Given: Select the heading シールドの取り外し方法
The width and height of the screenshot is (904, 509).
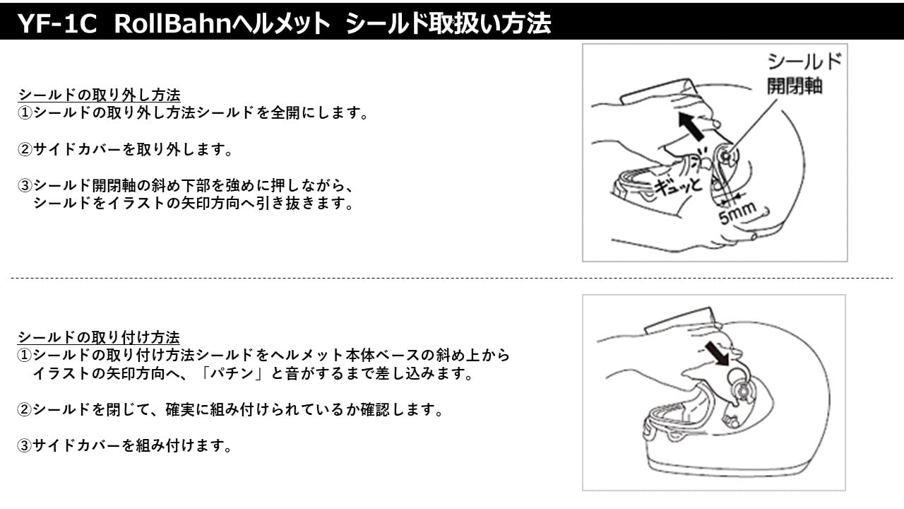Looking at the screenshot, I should click(x=99, y=95).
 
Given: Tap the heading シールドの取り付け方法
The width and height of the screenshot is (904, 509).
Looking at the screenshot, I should click(x=99, y=337).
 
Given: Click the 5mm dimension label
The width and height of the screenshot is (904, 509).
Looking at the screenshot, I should click(x=737, y=212).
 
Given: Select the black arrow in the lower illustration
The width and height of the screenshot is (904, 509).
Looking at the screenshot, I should click(x=716, y=351).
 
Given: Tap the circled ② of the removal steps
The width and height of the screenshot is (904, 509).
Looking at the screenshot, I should click(x=25, y=150).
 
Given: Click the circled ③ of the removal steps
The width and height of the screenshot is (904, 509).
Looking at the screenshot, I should click(x=25, y=186).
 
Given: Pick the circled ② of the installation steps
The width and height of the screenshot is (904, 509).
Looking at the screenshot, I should click(x=25, y=410).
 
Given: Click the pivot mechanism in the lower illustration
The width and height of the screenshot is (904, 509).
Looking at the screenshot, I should click(x=743, y=388).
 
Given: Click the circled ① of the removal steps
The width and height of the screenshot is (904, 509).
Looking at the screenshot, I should click(x=25, y=113).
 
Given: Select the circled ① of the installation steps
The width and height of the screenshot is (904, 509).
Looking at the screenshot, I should click(x=25, y=356).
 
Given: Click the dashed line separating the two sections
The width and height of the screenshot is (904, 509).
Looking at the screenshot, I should click(x=452, y=279).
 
